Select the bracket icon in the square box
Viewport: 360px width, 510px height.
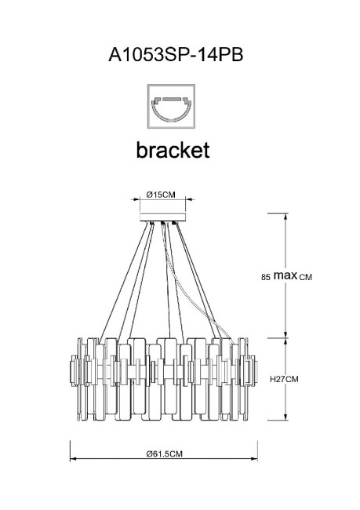(172, 108)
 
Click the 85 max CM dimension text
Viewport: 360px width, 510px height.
(286, 276)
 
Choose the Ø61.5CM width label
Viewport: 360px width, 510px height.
(163, 454)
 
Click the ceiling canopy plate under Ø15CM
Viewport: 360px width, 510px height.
(163, 217)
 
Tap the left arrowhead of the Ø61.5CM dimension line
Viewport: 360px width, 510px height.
(73, 461)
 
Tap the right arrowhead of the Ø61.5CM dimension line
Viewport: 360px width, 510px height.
(255, 461)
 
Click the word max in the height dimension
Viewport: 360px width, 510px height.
(285, 275)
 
